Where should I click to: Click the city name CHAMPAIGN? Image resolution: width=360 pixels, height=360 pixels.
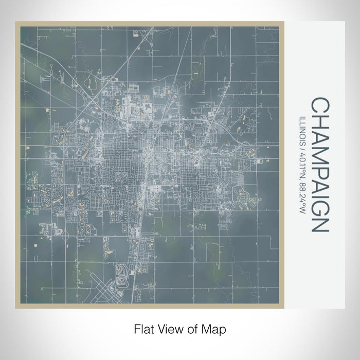[319, 165]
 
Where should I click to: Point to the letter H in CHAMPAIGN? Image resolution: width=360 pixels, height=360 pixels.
[319, 121]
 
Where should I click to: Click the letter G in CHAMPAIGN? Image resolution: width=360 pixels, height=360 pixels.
[319, 206]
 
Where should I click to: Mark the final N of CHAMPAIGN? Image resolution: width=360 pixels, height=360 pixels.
[319, 223]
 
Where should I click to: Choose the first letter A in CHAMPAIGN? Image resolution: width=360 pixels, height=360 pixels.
[319, 137]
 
